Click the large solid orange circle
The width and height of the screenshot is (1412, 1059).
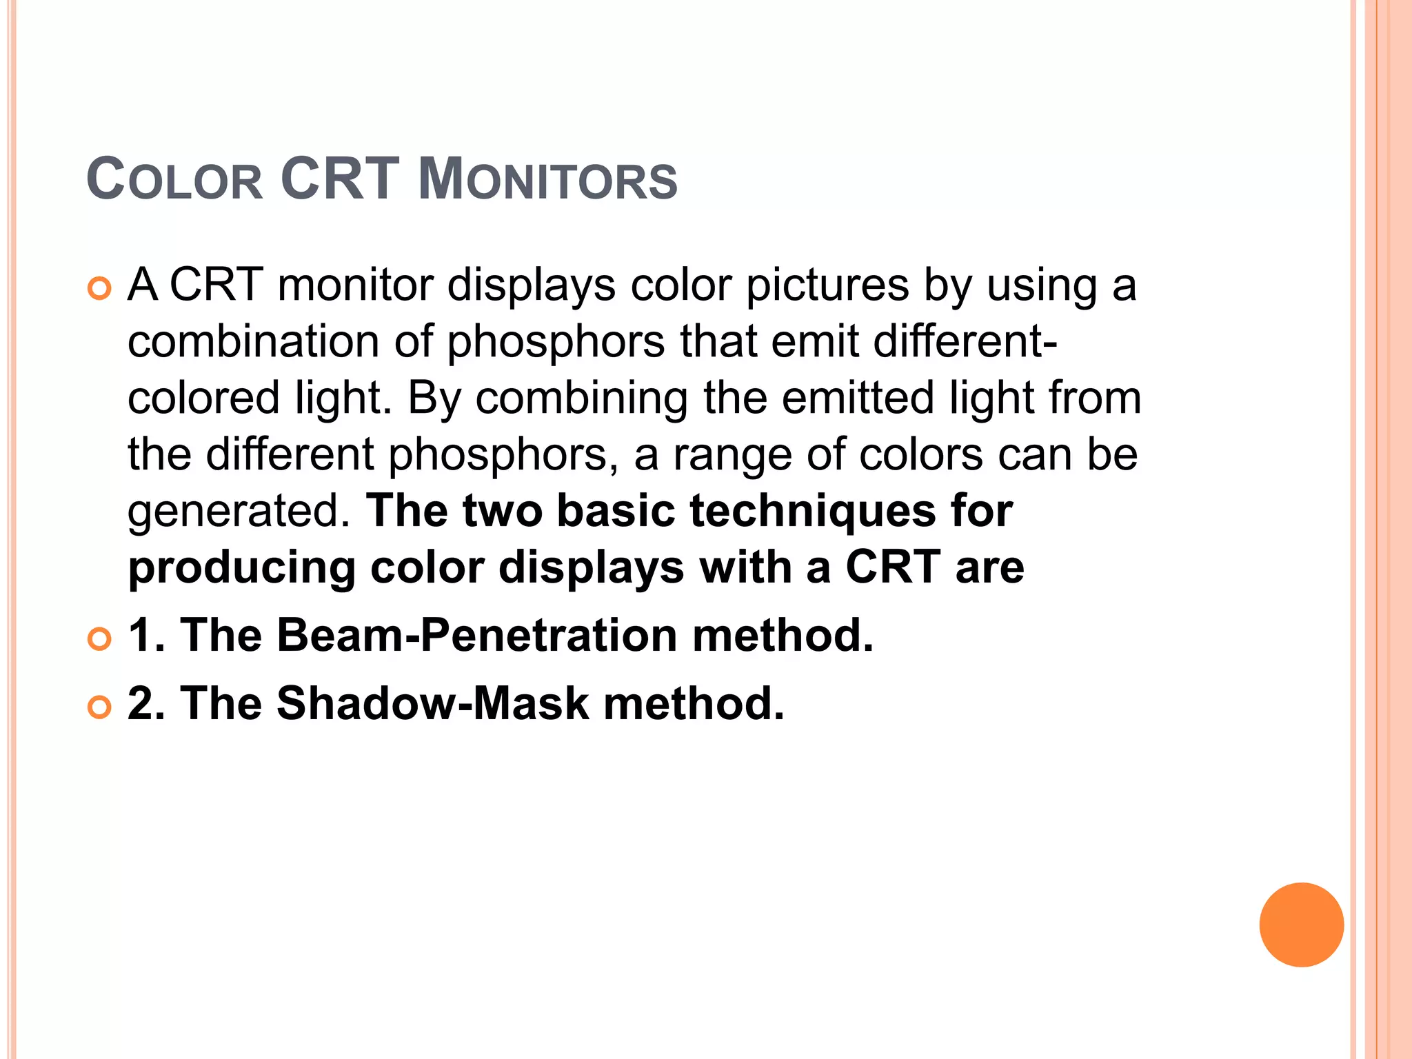(x=1301, y=925)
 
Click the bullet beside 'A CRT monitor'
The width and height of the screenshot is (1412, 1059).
(x=100, y=289)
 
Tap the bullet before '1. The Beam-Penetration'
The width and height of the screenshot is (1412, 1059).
(x=100, y=639)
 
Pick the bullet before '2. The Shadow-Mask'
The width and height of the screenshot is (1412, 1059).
(x=100, y=708)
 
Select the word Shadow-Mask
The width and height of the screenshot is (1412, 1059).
(x=433, y=704)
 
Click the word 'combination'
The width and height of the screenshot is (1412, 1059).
(x=253, y=342)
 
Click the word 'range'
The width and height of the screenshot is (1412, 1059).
(x=733, y=455)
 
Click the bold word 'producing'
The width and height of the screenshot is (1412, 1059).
(x=241, y=568)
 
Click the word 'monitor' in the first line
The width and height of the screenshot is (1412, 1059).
(x=355, y=285)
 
